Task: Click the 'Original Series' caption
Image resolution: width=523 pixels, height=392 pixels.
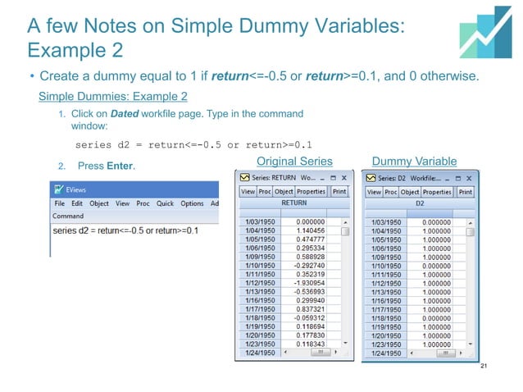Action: tap(295, 160)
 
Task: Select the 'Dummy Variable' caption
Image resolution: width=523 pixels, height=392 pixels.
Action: tap(414, 160)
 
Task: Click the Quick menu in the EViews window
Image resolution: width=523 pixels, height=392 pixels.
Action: tap(166, 203)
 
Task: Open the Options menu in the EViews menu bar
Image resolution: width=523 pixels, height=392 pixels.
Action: tap(192, 203)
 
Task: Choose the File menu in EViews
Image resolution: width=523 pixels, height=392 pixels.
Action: tap(60, 203)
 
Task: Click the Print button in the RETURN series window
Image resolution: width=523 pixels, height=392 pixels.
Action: tap(340, 191)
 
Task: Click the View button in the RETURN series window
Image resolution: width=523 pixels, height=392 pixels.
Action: tap(247, 191)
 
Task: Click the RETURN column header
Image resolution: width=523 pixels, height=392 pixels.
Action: tap(294, 202)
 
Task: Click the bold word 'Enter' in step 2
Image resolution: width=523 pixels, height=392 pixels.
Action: tap(120, 167)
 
